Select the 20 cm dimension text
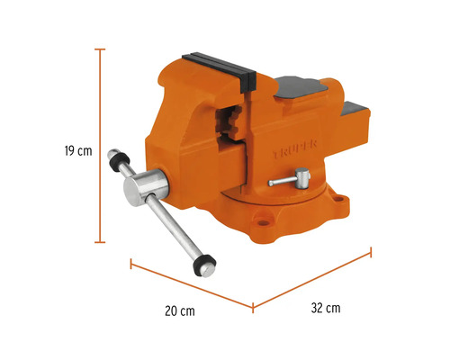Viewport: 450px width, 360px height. [180, 310]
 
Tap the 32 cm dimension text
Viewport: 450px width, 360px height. [326, 308]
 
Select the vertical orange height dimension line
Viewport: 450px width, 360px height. [100, 144]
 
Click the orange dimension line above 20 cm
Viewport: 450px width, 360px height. [191, 286]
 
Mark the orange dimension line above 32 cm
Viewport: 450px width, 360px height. [310, 282]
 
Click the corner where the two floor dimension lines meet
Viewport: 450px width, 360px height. [252, 309]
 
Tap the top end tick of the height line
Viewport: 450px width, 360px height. [100, 49]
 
